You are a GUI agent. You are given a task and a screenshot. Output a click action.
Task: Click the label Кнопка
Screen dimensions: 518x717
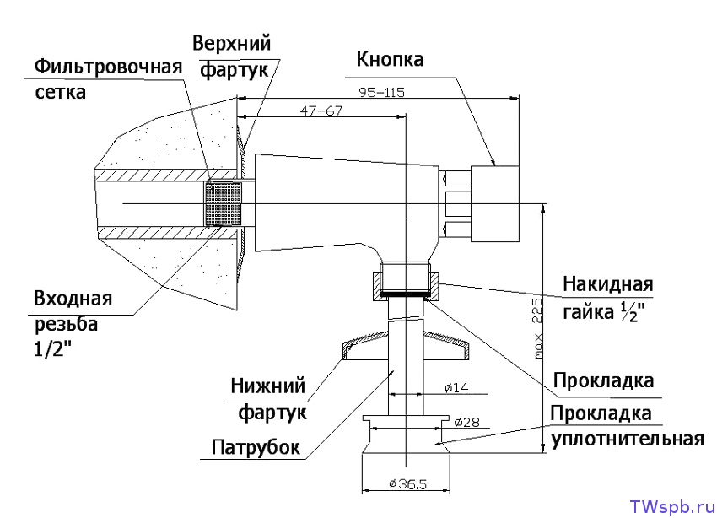(x=390, y=60)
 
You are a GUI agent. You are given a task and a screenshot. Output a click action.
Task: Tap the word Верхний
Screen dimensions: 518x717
(x=231, y=43)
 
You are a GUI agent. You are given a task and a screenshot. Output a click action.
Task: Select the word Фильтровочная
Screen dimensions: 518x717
(x=109, y=67)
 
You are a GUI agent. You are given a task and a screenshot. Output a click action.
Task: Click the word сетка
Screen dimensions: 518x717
(x=60, y=92)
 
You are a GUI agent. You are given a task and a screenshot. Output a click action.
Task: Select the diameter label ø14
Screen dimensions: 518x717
(x=455, y=388)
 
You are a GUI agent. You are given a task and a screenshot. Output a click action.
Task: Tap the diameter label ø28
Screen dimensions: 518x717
(x=466, y=422)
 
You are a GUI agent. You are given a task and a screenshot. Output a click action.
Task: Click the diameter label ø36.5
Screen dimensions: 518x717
(x=405, y=484)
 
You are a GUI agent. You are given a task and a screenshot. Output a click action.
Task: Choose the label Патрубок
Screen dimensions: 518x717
(x=256, y=447)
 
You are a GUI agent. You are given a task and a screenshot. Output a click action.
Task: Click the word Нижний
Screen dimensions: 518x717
(x=267, y=387)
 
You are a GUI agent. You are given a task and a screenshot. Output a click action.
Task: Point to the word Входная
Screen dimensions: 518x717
(x=73, y=299)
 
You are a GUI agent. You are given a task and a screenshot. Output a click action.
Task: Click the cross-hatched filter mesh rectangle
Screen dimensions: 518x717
(x=224, y=204)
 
